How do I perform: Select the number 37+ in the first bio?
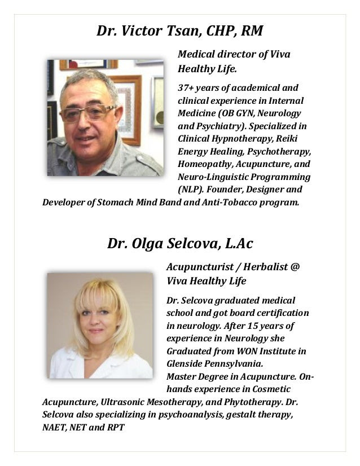[186, 89]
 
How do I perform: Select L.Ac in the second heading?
[239, 244]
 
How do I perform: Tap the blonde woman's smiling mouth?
[96, 331]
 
